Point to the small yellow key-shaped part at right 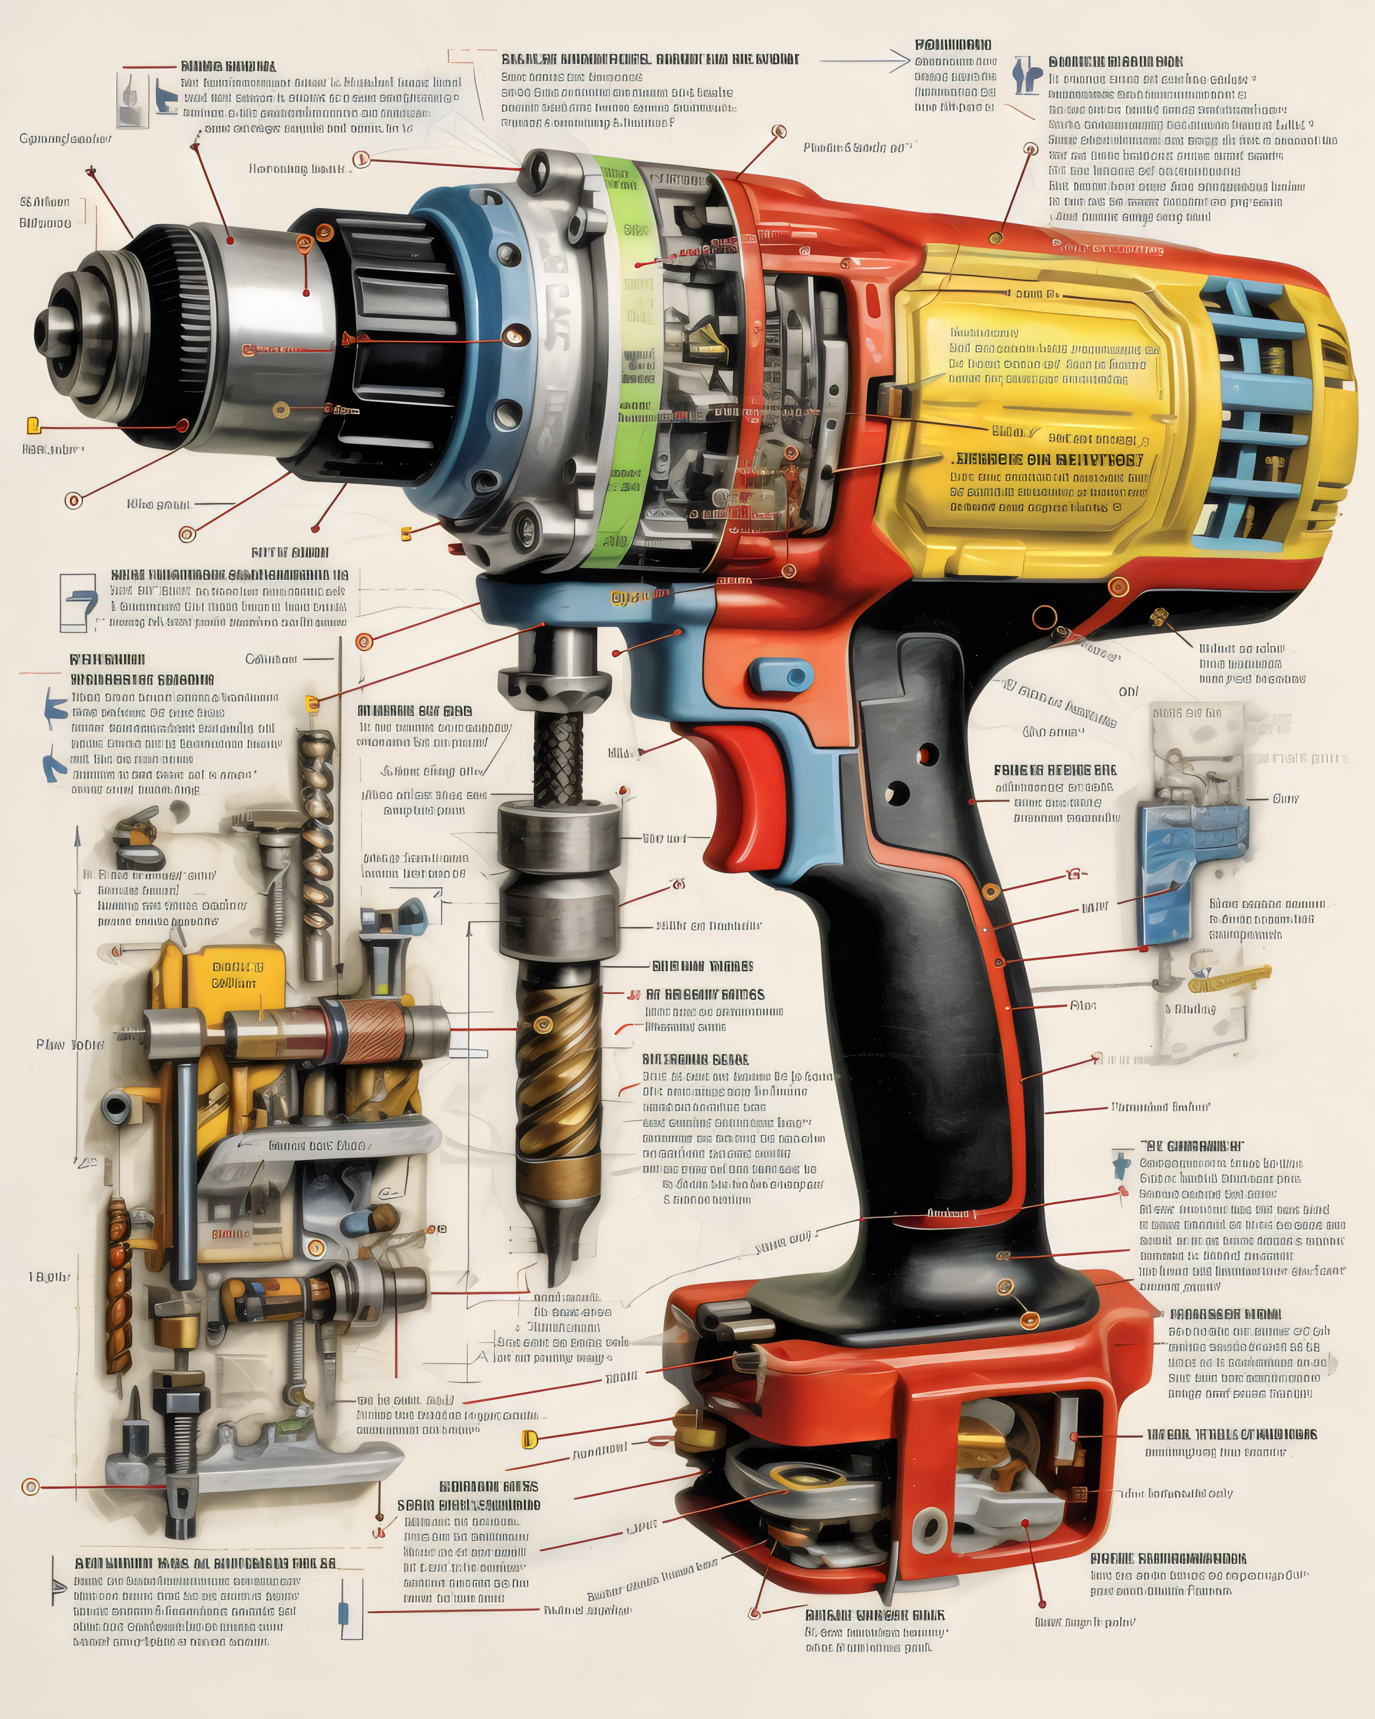pyautogui.click(x=1231, y=977)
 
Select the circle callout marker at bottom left pyautogui.click(x=30, y=1486)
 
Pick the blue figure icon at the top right pyautogui.click(x=1027, y=76)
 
